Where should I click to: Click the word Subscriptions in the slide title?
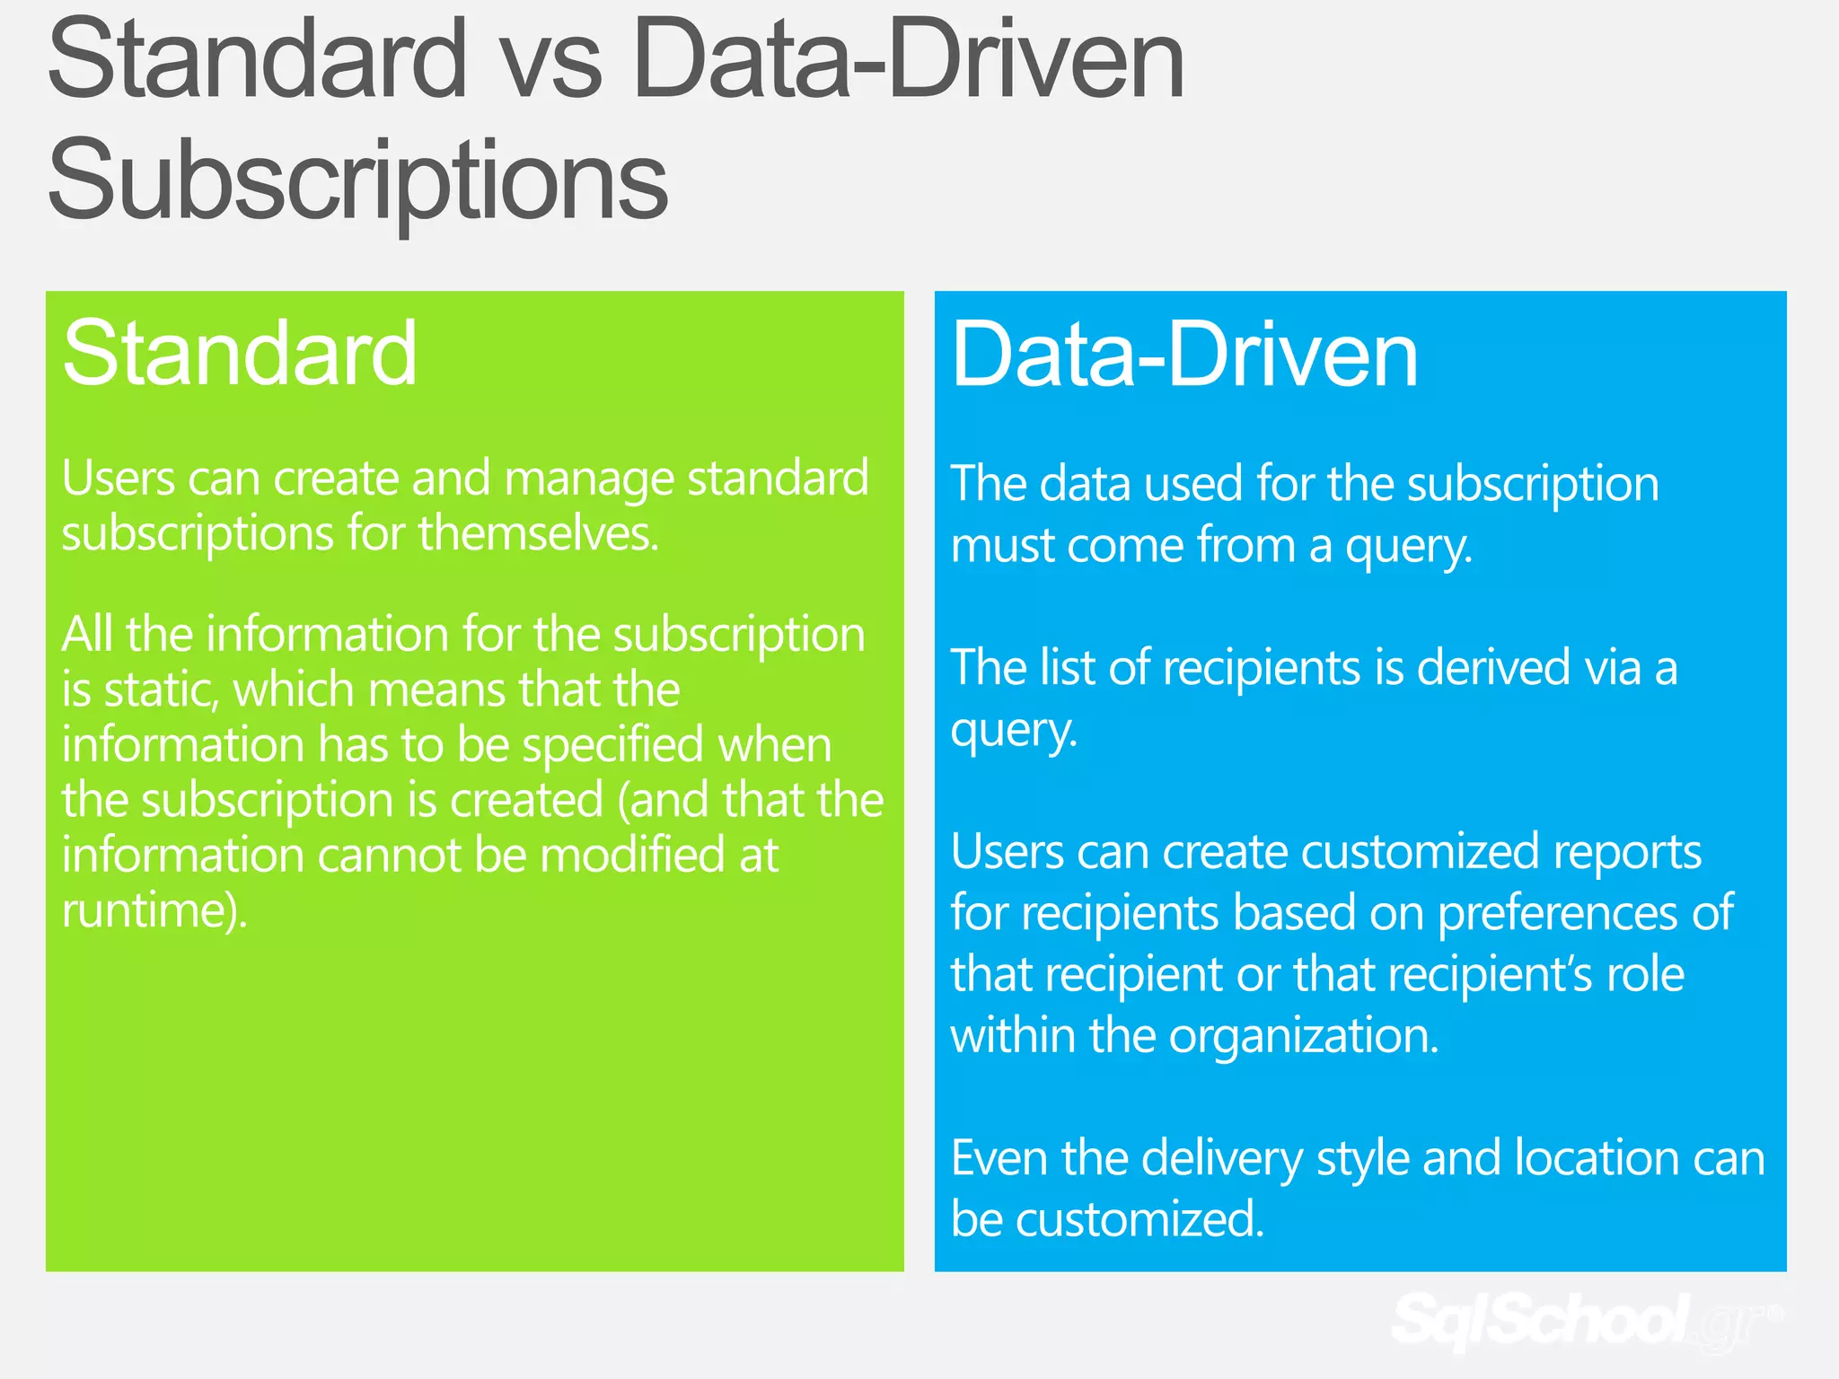coord(357,180)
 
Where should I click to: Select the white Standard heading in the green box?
coord(240,354)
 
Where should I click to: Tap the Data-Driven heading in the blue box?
coord(1184,356)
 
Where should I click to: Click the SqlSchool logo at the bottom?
coord(1580,1320)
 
